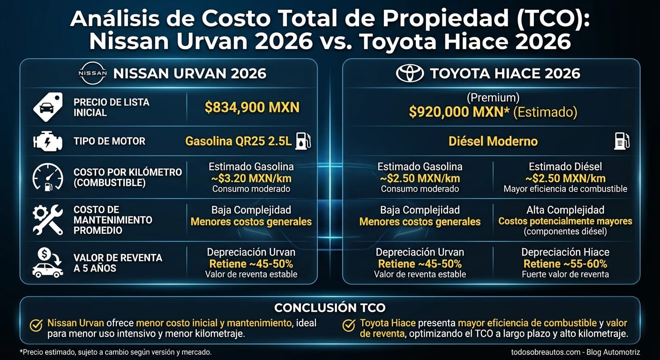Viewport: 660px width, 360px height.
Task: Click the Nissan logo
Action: (x=92, y=74)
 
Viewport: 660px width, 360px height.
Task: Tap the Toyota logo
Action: (x=410, y=74)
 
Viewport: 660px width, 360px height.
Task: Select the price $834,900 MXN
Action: (x=252, y=107)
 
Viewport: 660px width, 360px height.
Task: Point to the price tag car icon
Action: (x=47, y=107)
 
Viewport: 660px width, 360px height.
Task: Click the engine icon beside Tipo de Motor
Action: (x=47, y=141)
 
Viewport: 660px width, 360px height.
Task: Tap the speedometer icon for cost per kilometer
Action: (x=47, y=177)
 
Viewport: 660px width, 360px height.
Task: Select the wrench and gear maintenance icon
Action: (x=47, y=219)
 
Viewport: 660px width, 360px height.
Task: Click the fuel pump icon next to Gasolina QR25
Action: (x=302, y=141)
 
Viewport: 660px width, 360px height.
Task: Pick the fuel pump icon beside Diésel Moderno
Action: (x=622, y=141)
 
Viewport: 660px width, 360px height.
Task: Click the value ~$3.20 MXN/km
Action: (x=251, y=178)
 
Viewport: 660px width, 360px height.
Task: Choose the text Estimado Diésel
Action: (x=565, y=166)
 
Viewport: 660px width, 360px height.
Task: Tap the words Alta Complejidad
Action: (x=565, y=210)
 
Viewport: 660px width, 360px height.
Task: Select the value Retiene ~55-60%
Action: (x=565, y=263)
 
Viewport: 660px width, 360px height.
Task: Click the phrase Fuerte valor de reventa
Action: (x=565, y=274)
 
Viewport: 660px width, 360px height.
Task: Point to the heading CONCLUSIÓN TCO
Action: (x=330, y=307)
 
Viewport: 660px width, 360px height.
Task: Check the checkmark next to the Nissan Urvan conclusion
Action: (x=36, y=325)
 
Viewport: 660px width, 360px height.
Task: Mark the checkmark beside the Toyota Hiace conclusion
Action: (x=349, y=325)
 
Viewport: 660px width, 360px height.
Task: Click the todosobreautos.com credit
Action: (x=575, y=352)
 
